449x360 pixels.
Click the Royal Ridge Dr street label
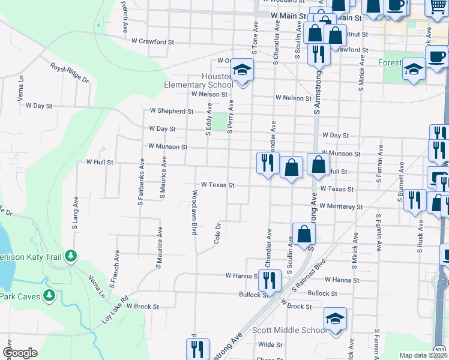click(70, 73)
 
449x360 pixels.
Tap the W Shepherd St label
click(172, 111)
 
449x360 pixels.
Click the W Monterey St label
click(341, 206)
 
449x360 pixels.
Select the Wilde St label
click(270, 344)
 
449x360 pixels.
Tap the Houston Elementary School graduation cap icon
click(243, 71)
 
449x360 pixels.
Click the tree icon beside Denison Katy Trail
click(71, 256)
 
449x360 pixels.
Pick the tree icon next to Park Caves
click(49, 295)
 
